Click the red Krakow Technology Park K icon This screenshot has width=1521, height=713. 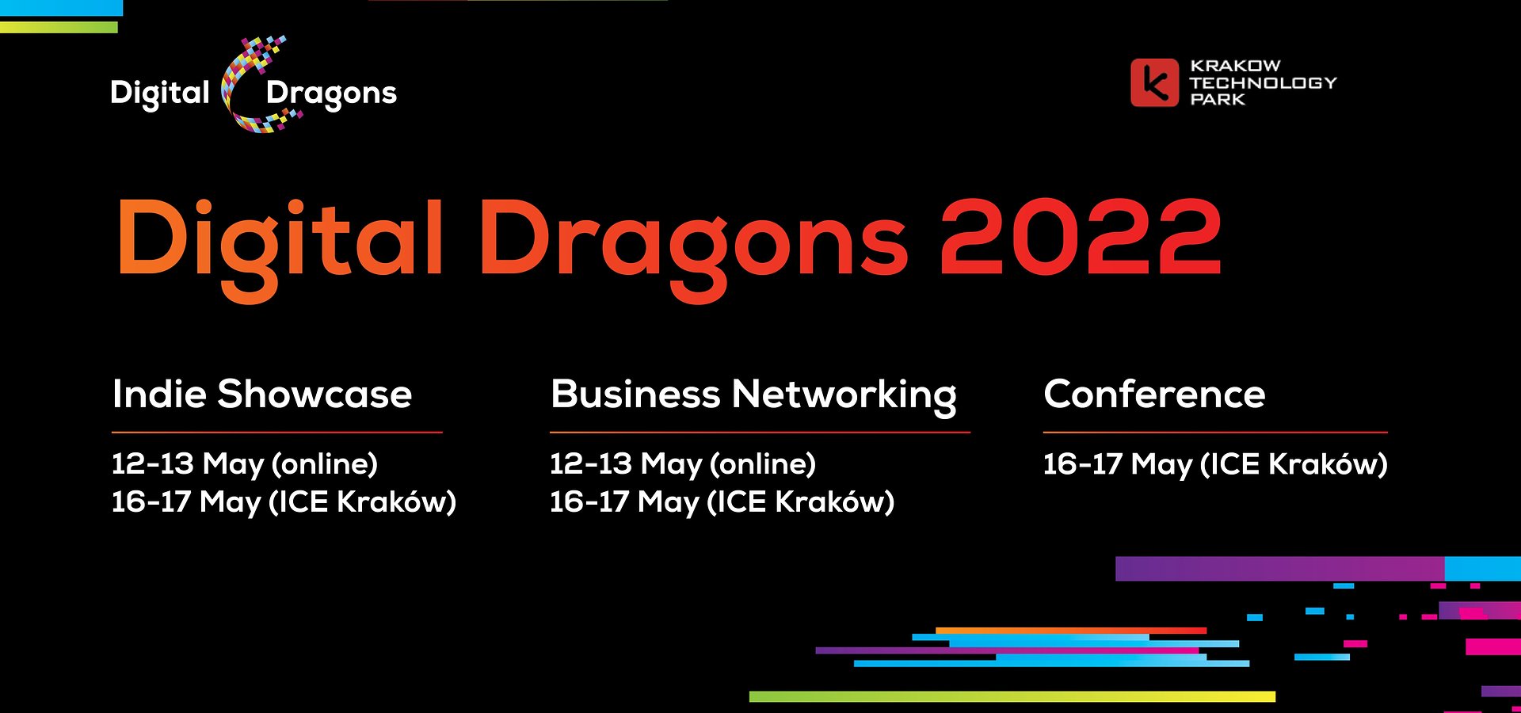point(1154,82)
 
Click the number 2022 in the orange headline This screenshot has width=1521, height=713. point(1081,238)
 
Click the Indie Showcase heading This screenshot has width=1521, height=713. point(262,394)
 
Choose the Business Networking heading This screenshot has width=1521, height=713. point(753,395)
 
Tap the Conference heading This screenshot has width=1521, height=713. point(1154,394)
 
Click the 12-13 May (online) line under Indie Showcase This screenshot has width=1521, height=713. point(244,464)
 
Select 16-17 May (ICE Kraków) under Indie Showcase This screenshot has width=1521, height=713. point(284,502)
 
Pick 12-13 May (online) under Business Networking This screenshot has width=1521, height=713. point(682,464)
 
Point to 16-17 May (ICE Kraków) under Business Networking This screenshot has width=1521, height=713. point(722,502)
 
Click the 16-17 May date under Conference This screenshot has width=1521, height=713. point(1214,464)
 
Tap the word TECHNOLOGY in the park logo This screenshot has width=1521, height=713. point(1263,82)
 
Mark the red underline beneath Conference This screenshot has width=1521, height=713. point(1214,433)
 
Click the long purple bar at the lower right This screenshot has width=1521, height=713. point(1279,569)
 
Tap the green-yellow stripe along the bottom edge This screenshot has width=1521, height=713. point(1012,696)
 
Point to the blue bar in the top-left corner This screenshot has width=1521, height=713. point(61,8)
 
